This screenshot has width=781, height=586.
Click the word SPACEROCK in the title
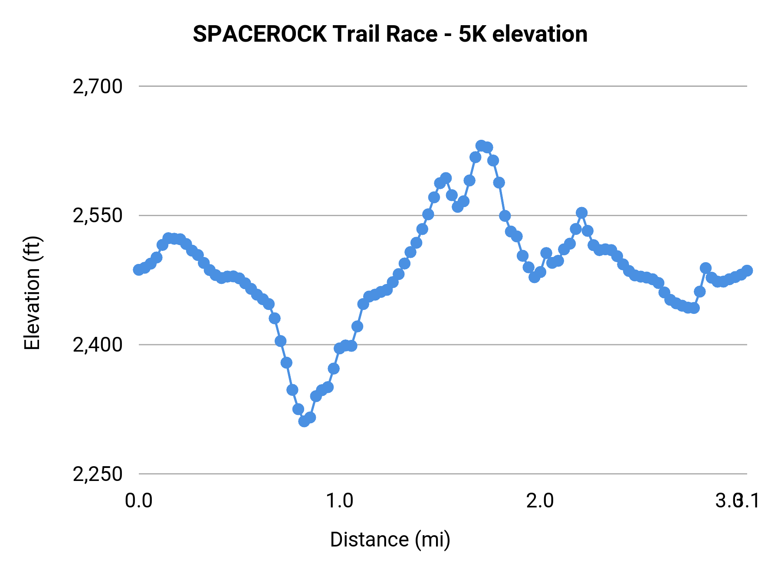(x=259, y=34)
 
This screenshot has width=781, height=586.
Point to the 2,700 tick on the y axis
(x=98, y=86)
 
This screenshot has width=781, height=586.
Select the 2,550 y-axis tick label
(x=98, y=215)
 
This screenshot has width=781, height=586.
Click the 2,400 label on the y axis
(x=98, y=345)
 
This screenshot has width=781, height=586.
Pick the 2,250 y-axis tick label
(x=98, y=474)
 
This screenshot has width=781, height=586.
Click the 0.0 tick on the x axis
(x=138, y=501)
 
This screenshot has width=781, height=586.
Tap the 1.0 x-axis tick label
(x=339, y=501)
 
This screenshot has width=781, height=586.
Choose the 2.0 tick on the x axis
(x=540, y=501)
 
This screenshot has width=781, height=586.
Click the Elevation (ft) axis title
(x=32, y=293)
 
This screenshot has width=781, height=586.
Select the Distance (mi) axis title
(x=390, y=540)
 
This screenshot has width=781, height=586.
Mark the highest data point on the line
(x=481, y=145)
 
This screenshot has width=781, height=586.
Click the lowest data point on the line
(x=304, y=421)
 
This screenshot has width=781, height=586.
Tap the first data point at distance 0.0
(x=138, y=270)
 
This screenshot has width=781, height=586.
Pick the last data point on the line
(x=747, y=270)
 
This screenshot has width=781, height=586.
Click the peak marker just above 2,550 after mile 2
(x=581, y=213)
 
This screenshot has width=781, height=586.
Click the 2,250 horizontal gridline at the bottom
(x=434, y=474)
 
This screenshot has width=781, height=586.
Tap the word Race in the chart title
(x=411, y=34)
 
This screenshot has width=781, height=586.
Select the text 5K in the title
(x=472, y=34)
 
